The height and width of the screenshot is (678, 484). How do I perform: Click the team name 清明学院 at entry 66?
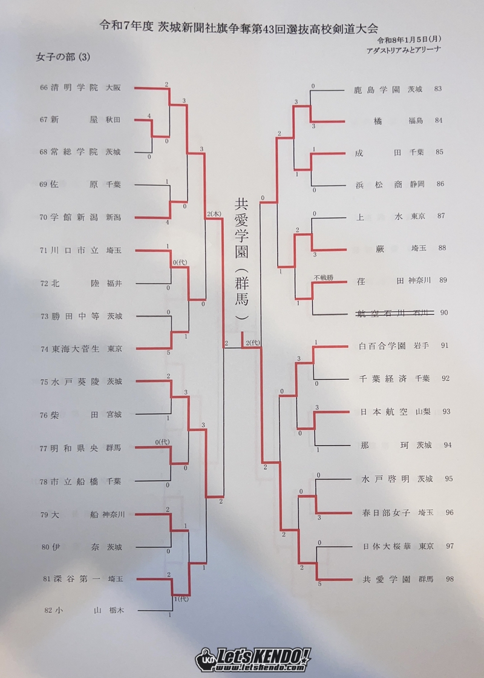tap(74, 87)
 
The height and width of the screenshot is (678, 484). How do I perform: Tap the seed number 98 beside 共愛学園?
tap(450, 579)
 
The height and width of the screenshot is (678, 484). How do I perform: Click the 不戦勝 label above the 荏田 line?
tap(324, 277)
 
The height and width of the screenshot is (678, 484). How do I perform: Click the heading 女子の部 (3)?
tap(63, 58)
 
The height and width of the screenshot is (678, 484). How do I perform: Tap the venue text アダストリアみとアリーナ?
tap(403, 50)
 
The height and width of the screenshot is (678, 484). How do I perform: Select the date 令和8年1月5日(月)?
tap(409, 40)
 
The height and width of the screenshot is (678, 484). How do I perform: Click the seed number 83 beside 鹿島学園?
tap(438, 89)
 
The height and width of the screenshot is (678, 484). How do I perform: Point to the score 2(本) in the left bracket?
tap(214, 214)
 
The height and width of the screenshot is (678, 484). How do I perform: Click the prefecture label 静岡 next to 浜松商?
tap(417, 184)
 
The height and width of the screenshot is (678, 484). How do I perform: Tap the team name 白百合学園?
tap(382, 346)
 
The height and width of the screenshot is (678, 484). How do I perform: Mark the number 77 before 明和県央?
tap(43, 449)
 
